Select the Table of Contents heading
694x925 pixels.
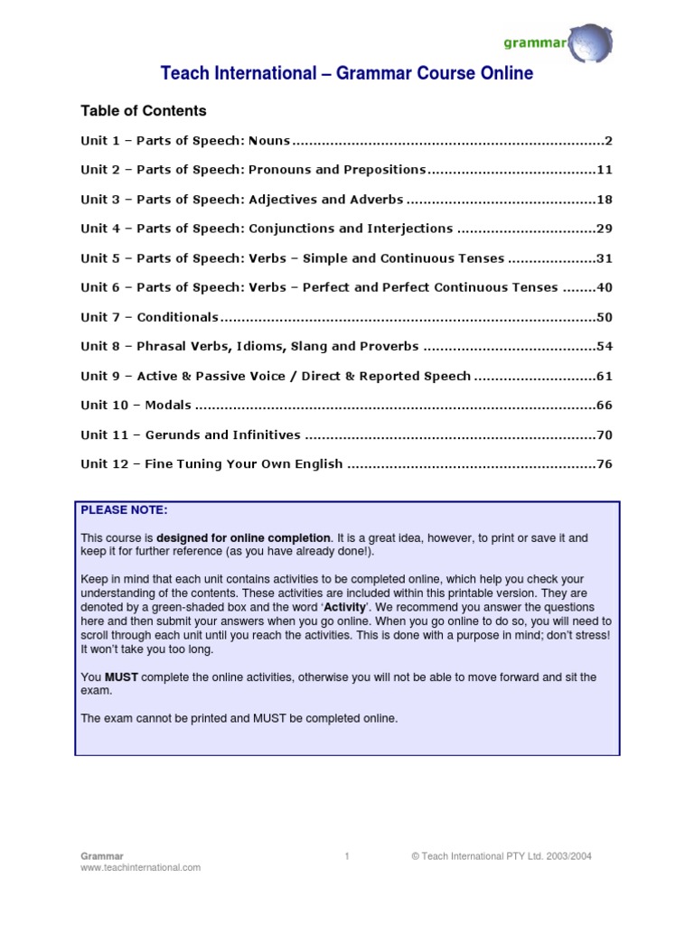(144, 111)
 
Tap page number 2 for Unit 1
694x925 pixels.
(608, 140)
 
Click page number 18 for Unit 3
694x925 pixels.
(605, 200)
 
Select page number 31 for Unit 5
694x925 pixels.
(605, 258)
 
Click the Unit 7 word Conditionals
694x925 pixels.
(178, 317)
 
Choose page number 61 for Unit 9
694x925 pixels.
(605, 376)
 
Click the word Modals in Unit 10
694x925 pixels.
(167, 406)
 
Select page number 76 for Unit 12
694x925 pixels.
(605, 464)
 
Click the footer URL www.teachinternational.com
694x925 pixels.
(141, 867)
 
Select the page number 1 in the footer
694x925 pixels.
(347, 855)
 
